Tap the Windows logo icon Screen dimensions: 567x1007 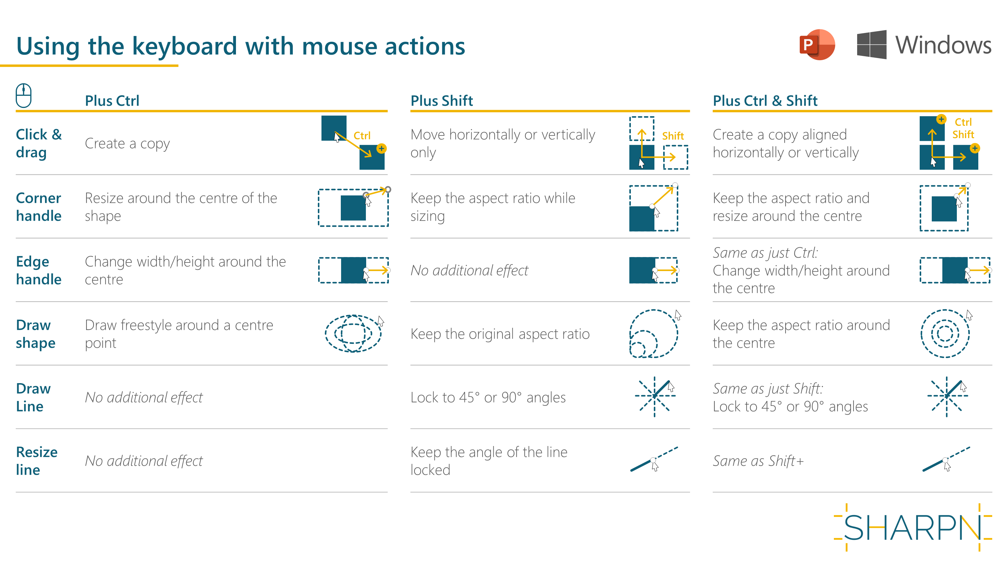871,45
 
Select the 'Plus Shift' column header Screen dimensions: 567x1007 441,101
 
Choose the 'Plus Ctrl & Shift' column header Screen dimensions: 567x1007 765,101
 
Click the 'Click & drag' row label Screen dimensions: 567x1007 39,143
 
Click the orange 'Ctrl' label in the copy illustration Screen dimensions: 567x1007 362,136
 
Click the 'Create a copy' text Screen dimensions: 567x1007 127,144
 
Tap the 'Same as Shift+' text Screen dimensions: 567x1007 758,461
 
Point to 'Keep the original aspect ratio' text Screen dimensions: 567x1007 500,334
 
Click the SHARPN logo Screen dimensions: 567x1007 912,527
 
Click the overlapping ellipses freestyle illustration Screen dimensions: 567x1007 353,333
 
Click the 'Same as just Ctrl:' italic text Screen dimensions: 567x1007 765,253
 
